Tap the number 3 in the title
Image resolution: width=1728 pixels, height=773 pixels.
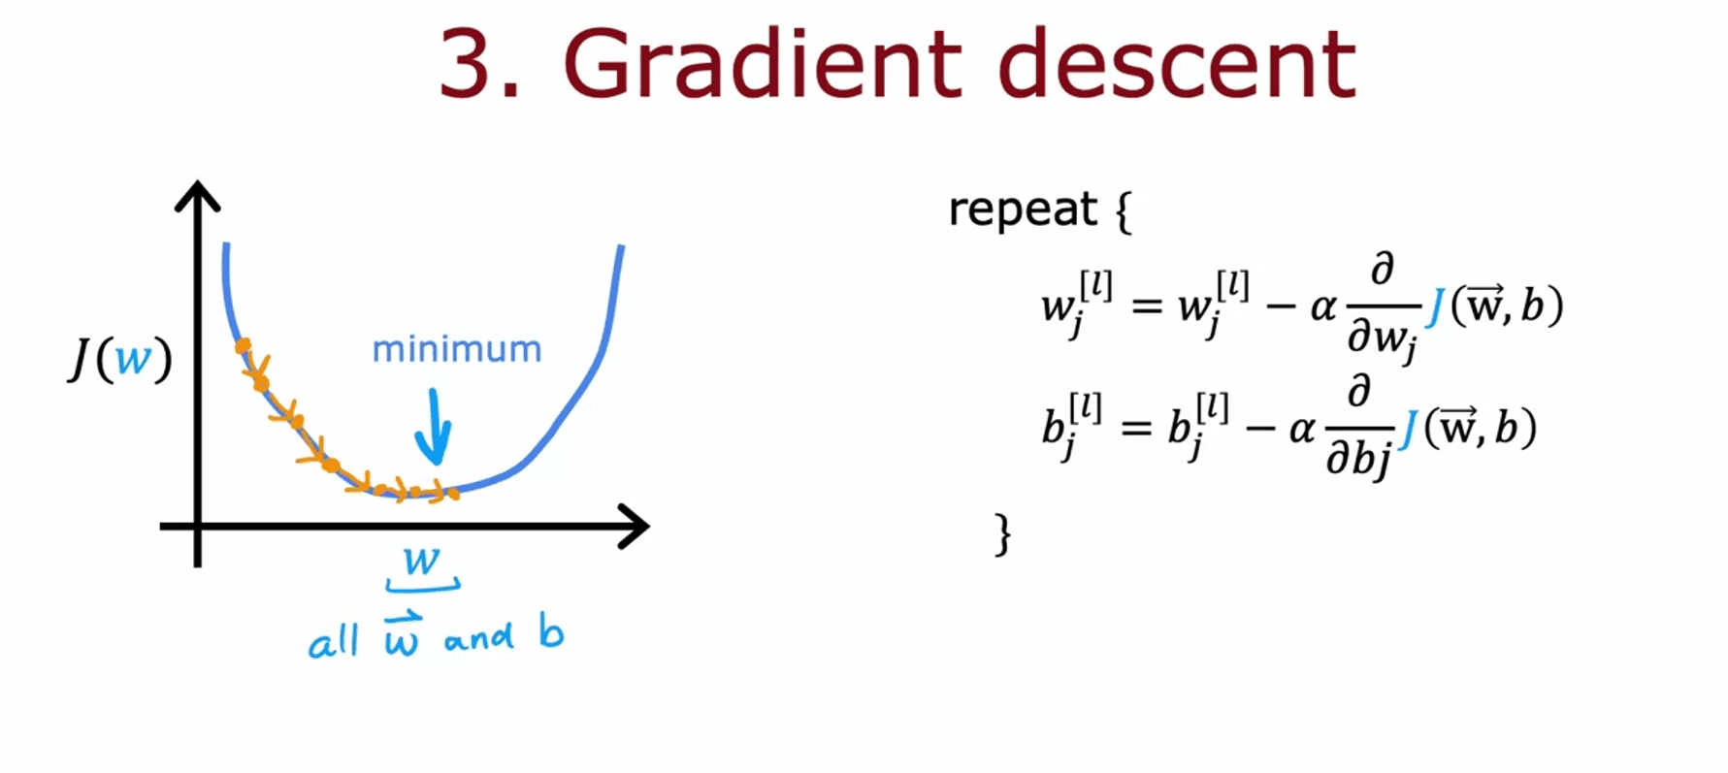[x=468, y=64]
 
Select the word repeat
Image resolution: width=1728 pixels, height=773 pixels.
[x=1022, y=209]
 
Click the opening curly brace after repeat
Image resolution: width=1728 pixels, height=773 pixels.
[x=1124, y=210]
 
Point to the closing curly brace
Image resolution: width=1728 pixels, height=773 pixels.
[x=1002, y=534]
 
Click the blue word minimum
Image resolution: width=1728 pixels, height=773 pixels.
[x=457, y=349]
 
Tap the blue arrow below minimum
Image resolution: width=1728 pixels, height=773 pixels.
[x=433, y=427]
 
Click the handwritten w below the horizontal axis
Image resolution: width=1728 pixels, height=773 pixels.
[x=422, y=560]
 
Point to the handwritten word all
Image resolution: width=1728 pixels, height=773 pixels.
[x=334, y=641]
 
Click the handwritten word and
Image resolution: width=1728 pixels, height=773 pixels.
[x=479, y=638]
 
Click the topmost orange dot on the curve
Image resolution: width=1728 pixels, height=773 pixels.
[x=243, y=345]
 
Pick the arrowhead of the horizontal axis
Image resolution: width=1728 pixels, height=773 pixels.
[x=634, y=527]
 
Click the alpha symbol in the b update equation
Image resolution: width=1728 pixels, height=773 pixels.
[x=1302, y=429]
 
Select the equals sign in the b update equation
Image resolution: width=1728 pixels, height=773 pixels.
[x=1136, y=428]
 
